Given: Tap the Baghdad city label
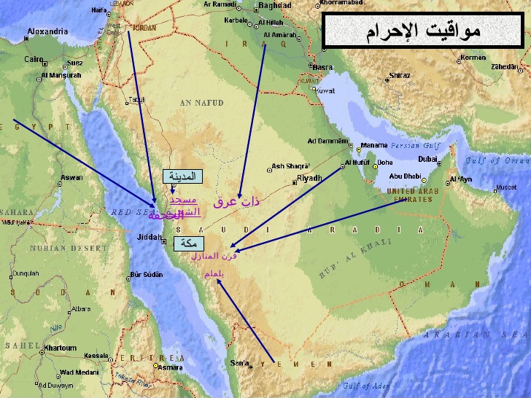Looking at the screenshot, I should (274, 5).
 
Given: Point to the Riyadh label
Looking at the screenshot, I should (309, 177).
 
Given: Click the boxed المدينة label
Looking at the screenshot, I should (183, 176).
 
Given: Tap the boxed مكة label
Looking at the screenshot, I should (189, 244).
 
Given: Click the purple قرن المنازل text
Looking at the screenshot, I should (214, 256).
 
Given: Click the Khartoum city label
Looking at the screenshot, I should (60, 348).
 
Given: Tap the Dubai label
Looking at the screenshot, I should (428, 159).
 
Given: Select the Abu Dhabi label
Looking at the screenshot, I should (405, 175).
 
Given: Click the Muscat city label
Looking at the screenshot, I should (505, 187).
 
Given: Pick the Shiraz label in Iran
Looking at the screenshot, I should (399, 75).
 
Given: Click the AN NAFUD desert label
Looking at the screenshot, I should (201, 104).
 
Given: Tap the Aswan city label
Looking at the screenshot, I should (71, 177).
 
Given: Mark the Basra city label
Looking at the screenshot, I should (322, 67).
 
